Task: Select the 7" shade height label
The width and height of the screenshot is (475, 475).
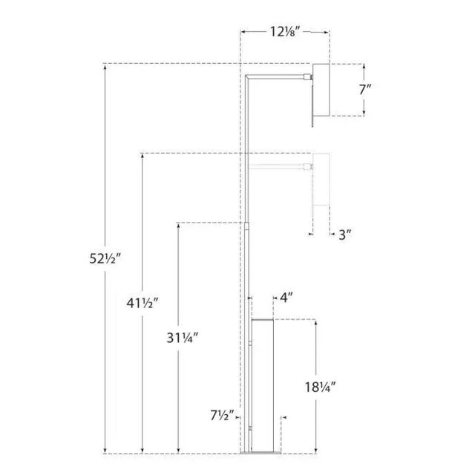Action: click(x=364, y=90)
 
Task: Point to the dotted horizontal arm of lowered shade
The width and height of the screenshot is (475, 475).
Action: click(x=278, y=165)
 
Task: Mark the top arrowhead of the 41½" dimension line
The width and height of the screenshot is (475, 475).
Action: click(x=142, y=157)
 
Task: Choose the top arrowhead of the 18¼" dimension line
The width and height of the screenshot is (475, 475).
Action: click(x=317, y=323)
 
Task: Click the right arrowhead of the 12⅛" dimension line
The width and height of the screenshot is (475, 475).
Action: click(x=327, y=32)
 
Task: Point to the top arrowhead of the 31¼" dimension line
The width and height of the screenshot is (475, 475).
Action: click(x=178, y=225)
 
